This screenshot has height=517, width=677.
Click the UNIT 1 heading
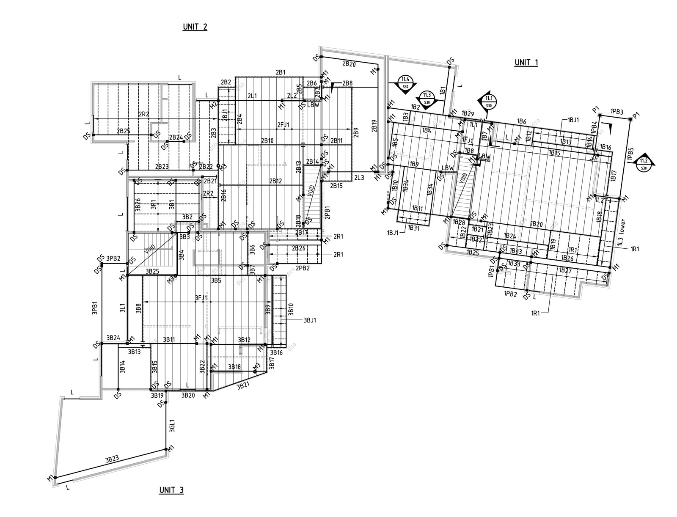pyautogui.click(x=526, y=63)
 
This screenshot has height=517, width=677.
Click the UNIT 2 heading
pyautogui.click(x=195, y=27)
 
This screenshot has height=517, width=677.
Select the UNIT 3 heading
pyautogui.click(x=171, y=490)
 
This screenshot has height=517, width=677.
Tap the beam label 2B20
pyautogui.click(x=349, y=63)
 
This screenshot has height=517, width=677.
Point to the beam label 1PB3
pyautogui.click(x=617, y=112)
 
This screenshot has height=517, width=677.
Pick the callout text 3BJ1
pyautogui.click(x=310, y=320)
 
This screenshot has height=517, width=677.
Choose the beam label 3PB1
pyautogui.click(x=95, y=308)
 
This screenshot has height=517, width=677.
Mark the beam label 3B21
pyautogui.click(x=243, y=386)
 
